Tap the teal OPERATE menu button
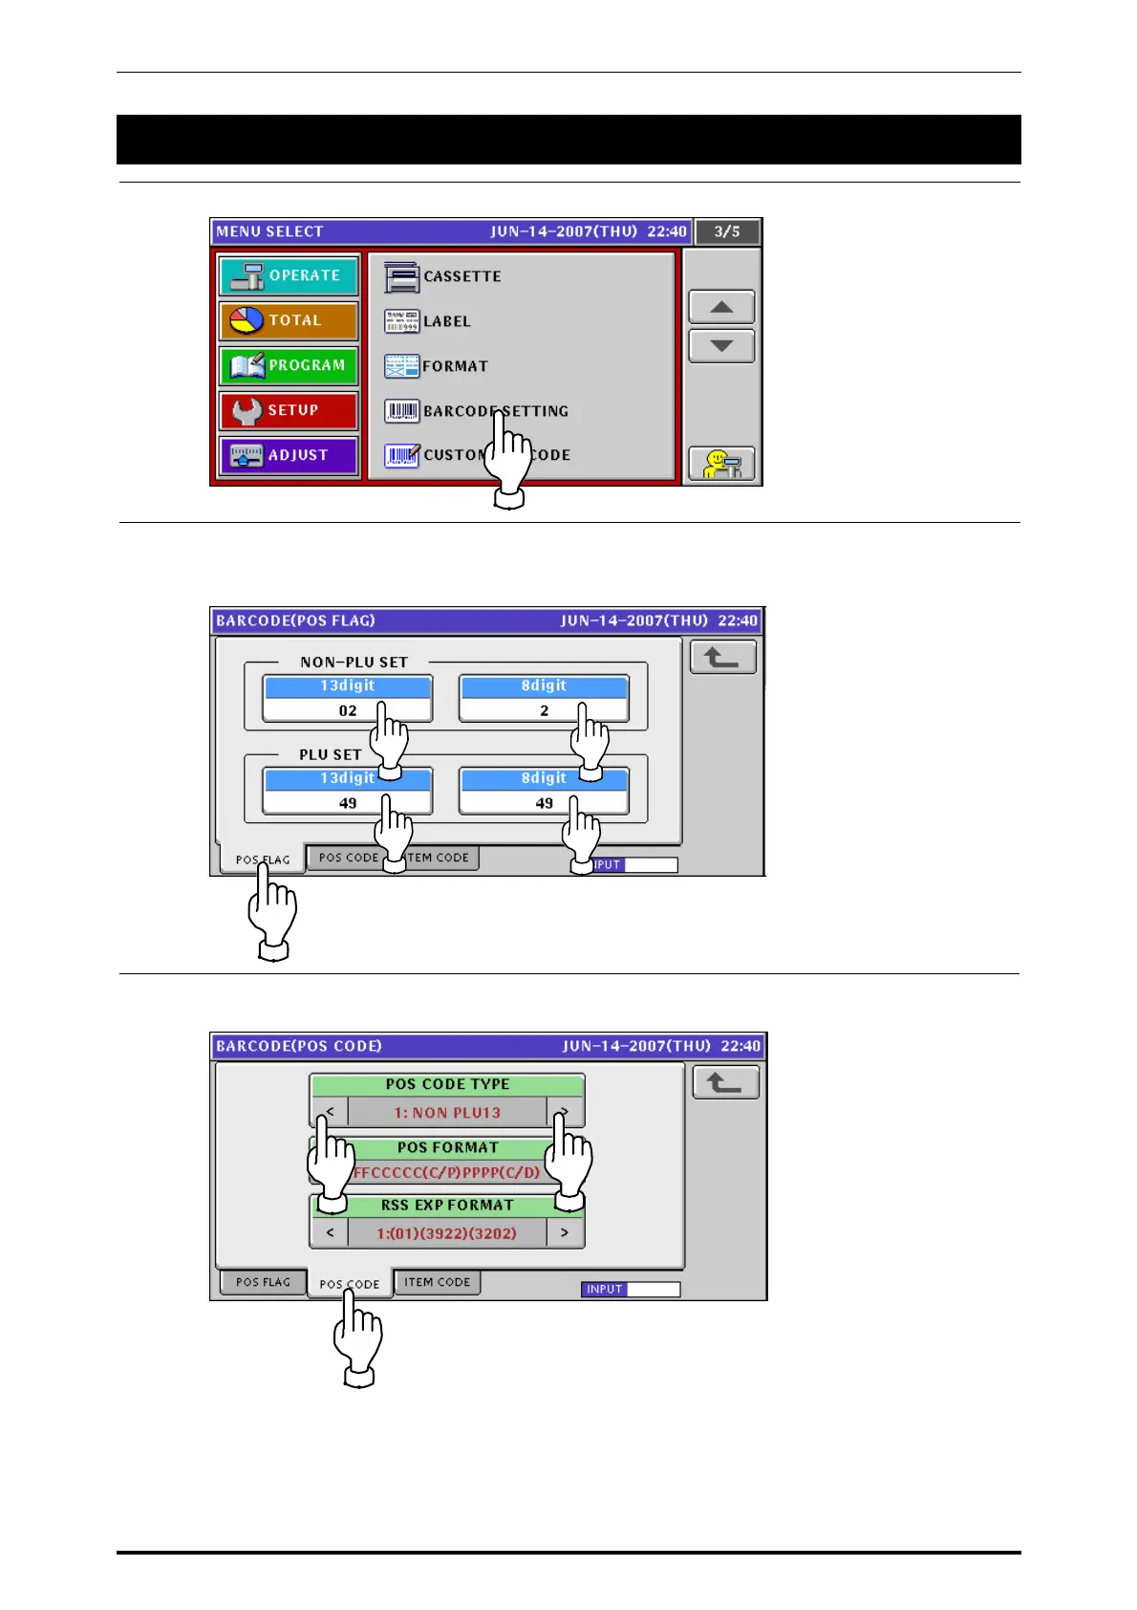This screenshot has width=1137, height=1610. pos(289,276)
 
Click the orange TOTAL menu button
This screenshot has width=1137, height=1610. pos(289,321)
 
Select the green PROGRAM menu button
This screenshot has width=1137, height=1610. pos(289,366)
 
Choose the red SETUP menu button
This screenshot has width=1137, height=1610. pos(289,411)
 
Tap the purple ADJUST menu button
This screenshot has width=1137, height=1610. pos(289,456)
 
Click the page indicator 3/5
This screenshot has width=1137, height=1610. pos(727,232)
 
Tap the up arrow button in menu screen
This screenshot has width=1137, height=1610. pos(721,308)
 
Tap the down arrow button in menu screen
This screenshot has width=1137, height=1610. pos(721,346)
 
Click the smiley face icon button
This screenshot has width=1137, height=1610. pos(721,465)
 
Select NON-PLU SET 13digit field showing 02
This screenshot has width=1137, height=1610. pos(347,710)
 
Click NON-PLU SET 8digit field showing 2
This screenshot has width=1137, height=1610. pos(544,710)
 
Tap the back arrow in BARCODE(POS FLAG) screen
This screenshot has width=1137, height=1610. pos(723,658)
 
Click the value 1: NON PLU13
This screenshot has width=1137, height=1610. pos(447,1113)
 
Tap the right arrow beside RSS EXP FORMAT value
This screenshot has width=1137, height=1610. pos(565,1233)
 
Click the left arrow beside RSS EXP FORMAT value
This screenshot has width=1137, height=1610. pos(330,1233)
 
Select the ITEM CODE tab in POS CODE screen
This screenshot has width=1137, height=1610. pos(438,1282)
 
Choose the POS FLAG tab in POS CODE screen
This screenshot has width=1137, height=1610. pos(263,1282)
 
